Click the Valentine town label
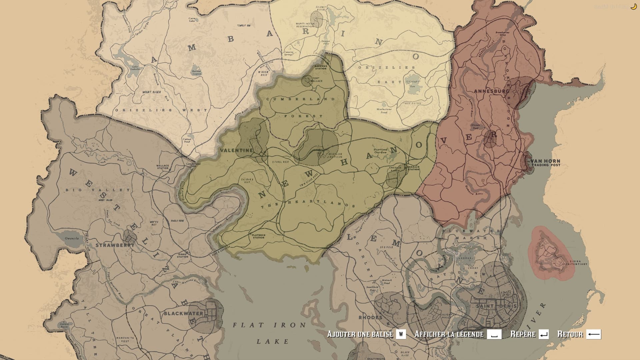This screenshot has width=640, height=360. click(x=236, y=150)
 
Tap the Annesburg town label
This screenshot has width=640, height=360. click(x=491, y=91)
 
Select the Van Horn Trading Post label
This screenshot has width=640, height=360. click(x=545, y=163)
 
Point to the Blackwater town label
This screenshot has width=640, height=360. click(x=183, y=313)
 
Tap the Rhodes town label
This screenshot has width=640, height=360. click(x=370, y=317)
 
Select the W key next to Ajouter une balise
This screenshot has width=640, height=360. click(x=401, y=334)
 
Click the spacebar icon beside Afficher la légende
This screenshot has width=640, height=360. click(x=494, y=334)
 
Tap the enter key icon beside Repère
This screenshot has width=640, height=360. click(x=543, y=334)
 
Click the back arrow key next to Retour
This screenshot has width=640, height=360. click(x=593, y=334)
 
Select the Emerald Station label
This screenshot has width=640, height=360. click(x=413, y=168)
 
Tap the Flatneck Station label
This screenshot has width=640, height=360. click(x=258, y=236)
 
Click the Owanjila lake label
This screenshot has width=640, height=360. click(x=72, y=238)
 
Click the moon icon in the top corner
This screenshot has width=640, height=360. click(x=633, y=6)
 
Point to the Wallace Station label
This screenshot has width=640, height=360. click(x=163, y=166)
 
